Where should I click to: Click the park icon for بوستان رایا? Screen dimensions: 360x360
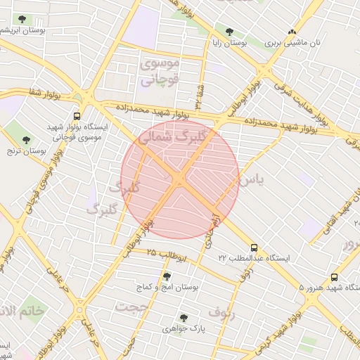pyautogui.click(x=229, y=31)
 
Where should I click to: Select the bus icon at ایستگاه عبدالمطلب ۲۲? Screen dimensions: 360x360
pyautogui.click(x=254, y=247)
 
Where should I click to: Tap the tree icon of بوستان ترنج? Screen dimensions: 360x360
pyautogui.click(x=27, y=139)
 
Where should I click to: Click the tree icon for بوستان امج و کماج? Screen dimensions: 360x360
pyautogui.click(x=167, y=276)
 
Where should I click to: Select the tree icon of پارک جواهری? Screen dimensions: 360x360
pyautogui.click(x=184, y=318)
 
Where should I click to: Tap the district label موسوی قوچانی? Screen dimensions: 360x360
pyautogui.click(x=160, y=72)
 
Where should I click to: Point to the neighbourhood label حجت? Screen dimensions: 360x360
pyautogui.click(x=132, y=307)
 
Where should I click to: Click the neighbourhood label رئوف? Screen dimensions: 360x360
pyautogui.click(x=226, y=310)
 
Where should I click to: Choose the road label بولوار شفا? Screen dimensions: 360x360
pyautogui.click(x=46, y=92)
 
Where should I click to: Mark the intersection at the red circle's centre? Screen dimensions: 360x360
pyautogui.click(x=179, y=180)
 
